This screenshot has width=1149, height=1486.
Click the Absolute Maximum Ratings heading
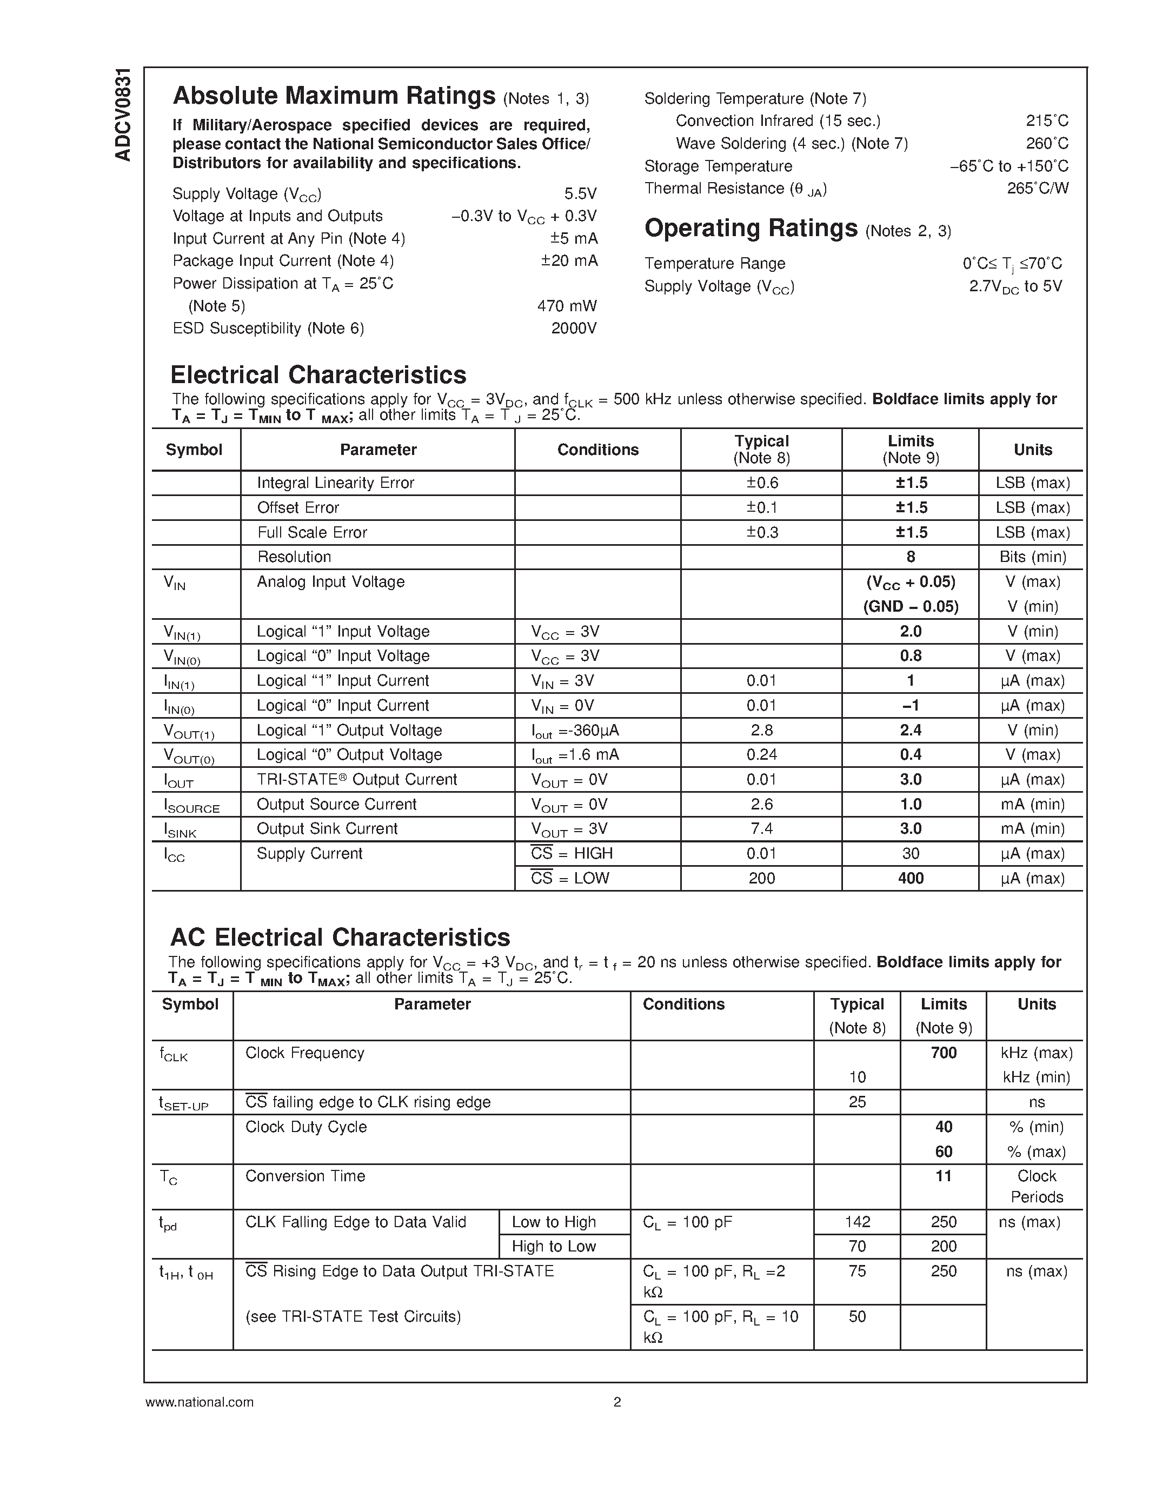[334, 96]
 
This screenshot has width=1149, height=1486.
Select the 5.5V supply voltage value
[580, 194]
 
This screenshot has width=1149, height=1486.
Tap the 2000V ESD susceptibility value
[573, 329]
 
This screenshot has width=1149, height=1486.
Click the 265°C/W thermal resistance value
[1038, 189]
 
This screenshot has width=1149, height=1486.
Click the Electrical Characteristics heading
[318, 375]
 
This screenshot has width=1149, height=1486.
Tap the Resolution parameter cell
[294, 557]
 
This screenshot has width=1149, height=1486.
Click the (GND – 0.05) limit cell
[910, 606]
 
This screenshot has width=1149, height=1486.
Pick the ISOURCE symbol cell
[192, 806]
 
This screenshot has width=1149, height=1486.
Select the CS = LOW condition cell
[570, 879]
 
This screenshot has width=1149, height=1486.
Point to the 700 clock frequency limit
[943, 1053]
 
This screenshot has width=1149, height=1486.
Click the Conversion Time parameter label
[305, 1176]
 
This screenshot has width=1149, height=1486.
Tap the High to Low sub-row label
[553, 1247]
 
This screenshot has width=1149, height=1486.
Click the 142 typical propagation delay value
[857, 1222]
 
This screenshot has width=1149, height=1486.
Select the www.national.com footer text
[200, 1402]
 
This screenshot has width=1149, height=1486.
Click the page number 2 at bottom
[617, 1402]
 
